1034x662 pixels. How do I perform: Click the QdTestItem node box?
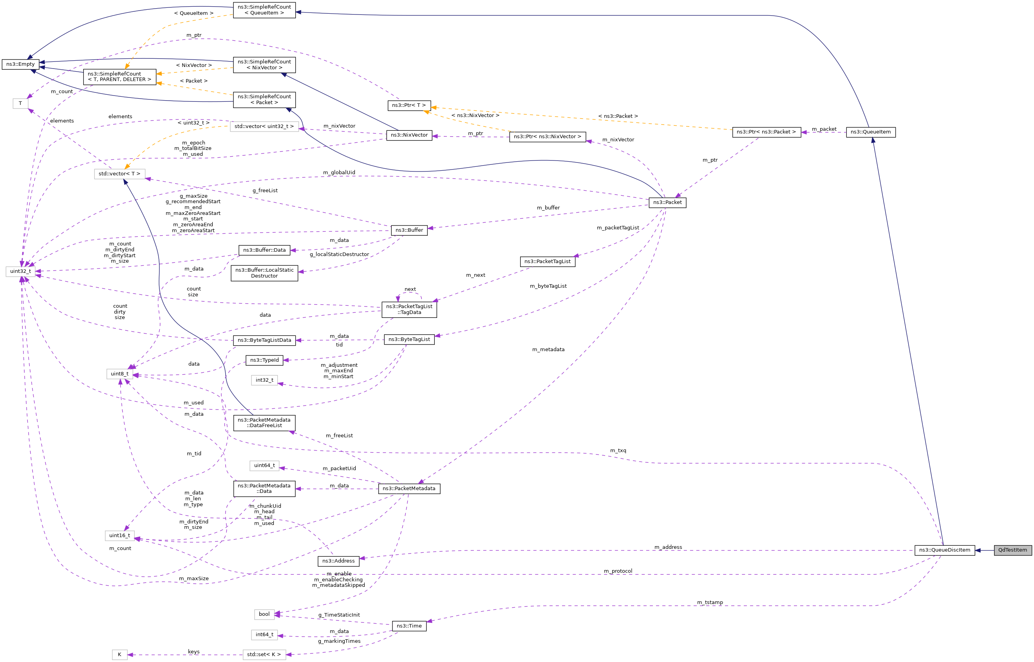click(1012, 550)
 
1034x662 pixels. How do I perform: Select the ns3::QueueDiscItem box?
click(944, 550)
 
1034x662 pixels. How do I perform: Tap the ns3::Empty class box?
click(20, 64)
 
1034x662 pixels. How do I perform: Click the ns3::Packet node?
click(667, 202)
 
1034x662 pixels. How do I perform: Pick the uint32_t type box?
click(20, 271)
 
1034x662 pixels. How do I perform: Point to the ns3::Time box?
click(409, 626)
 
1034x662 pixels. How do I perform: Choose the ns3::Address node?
click(338, 561)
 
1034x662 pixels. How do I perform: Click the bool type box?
click(264, 614)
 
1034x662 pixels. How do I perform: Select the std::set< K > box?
click(264, 655)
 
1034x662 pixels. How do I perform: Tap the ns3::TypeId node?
click(264, 360)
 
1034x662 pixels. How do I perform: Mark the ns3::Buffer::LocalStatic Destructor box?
click(264, 273)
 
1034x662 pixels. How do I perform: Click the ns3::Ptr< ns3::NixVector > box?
click(547, 137)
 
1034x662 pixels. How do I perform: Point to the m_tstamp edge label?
click(709, 602)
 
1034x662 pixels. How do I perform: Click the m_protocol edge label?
click(617, 571)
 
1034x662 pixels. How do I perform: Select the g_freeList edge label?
click(265, 190)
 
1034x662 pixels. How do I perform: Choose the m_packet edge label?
click(823, 129)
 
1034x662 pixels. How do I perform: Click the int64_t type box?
click(264, 635)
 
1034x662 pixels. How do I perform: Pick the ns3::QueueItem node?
click(870, 132)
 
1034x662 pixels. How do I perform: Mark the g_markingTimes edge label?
click(339, 641)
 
